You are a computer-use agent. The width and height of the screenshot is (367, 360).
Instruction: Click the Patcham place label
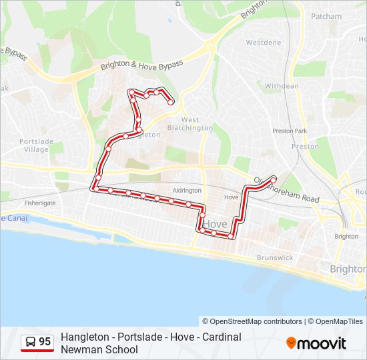pyautogui.click(x=326, y=16)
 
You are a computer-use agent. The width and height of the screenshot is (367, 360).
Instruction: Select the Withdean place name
pyautogui.click(x=282, y=86)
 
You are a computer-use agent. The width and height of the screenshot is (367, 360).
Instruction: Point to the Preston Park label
pyautogui.click(x=290, y=131)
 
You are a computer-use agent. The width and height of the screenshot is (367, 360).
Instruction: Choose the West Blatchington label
pyautogui.click(x=190, y=123)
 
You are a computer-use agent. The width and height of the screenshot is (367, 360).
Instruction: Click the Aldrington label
pyautogui.click(x=187, y=191)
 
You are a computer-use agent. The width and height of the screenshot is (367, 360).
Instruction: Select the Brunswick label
pyautogui.click(x=274, y=257)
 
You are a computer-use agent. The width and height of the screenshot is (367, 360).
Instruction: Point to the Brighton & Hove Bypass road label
pyautogui.click(x=141, y=65)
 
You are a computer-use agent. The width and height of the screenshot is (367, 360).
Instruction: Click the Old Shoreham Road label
pyautogui.click(x=287, y=189)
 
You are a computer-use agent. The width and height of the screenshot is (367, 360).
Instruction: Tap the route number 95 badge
pyautogui.click(x=45, y=342)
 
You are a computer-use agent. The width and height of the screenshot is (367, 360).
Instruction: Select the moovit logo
pyautogui.click(x=316, y=343)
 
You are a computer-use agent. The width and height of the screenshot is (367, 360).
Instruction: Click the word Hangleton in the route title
pyautogui.click(x=83, y=337)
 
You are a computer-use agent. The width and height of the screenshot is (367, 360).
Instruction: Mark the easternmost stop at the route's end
pyautogui.click(x=273, y=179)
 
